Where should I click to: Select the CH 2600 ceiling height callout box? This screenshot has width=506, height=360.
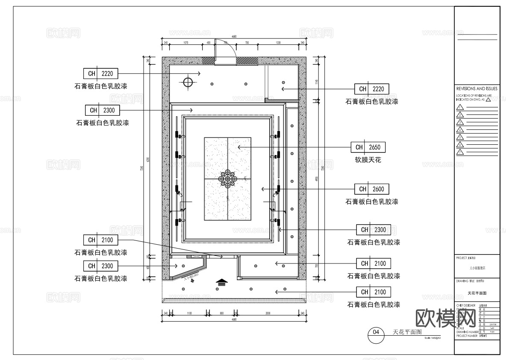click(371, 189)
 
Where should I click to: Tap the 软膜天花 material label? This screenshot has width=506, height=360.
click(368, 160)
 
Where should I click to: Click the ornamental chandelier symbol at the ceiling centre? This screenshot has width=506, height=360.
click(227, 179)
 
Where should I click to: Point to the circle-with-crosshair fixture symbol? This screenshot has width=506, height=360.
click(188, 82)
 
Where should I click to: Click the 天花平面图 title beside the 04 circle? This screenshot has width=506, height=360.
click(407, 331)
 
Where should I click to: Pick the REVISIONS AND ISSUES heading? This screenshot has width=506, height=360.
click(477, 88)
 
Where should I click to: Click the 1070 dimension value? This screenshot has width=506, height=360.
click(186, 43)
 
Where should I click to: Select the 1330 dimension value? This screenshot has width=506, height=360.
click(278, 43)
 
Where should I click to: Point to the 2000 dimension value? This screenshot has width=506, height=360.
click(268, 313)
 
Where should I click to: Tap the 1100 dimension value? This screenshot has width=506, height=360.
click(189, 313)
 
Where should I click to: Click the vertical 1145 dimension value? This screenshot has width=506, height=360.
click(317, 82)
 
